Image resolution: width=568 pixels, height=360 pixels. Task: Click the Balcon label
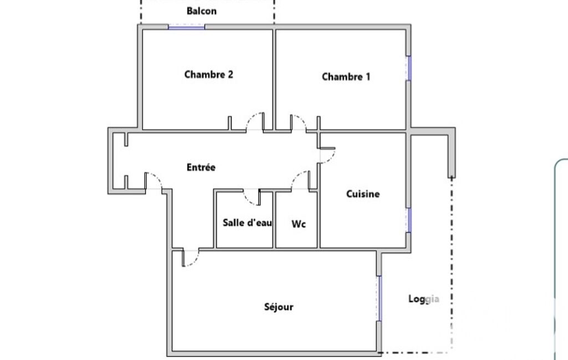coord(201,11)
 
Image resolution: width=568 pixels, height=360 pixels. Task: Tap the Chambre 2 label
coord(209,75)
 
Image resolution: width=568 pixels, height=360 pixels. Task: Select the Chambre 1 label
coord(346,77)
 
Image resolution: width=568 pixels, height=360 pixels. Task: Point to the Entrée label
coord(201,167)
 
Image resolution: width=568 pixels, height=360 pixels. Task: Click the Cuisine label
coord(363,194)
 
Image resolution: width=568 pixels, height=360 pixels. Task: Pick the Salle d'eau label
coord(247,223)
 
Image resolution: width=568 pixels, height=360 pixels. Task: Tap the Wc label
coord(299,224)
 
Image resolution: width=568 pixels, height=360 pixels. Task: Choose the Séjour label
coord(279,307)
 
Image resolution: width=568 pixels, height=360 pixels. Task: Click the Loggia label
coord(424,299)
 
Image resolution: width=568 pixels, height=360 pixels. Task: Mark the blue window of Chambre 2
coord(187,27)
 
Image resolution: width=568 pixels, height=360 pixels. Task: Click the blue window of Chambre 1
coord(408,68)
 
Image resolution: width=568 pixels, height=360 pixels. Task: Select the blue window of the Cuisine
coord(408,220)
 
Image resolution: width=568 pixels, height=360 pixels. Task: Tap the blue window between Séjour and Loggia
coord(379,299)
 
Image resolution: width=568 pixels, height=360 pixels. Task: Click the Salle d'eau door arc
coord(248,200)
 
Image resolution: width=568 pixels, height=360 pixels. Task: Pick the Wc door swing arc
coord(296,175)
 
